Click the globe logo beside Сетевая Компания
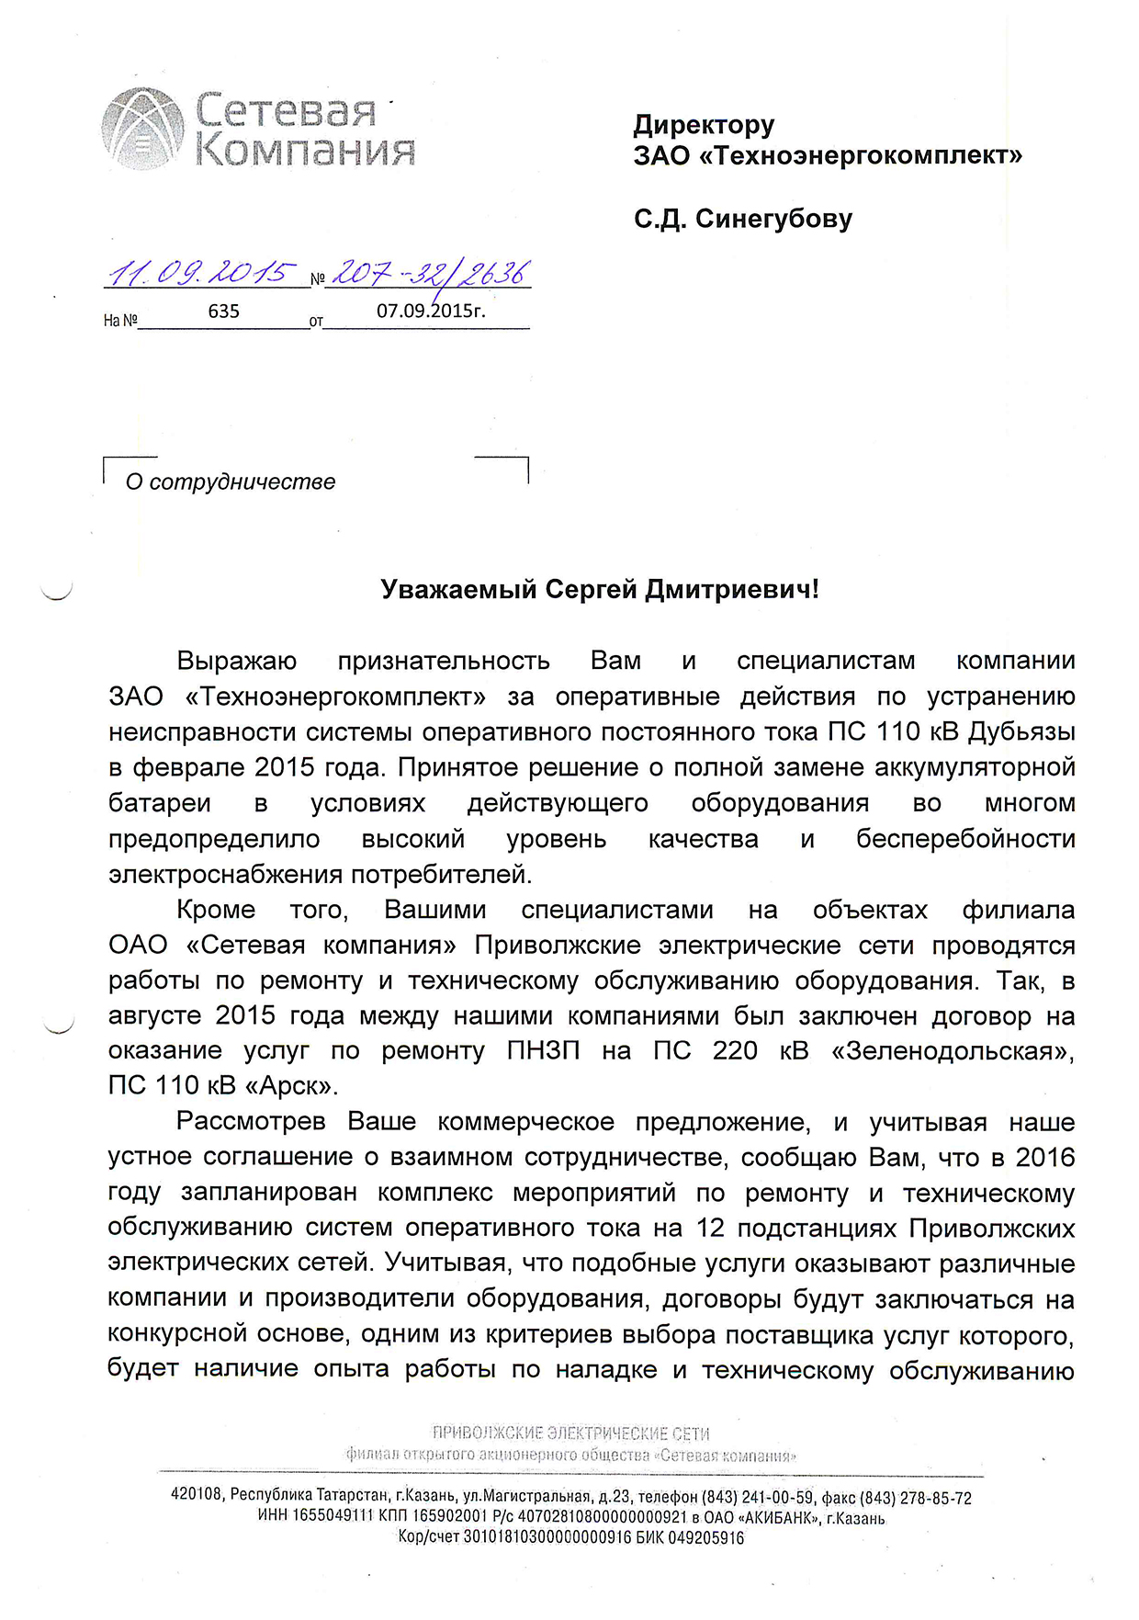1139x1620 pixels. point(140,129)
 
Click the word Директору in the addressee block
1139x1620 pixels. point(704,124)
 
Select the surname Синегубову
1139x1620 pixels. point(773,219)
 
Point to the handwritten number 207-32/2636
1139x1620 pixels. point(430,273)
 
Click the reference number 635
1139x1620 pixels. point(223,311)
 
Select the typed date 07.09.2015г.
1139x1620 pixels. point(431,311)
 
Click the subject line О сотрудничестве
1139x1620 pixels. point(231,481)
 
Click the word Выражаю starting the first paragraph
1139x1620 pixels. point(237,661)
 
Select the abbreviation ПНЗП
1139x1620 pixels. point(544,1050)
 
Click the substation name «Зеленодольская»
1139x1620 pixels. point(953,1050)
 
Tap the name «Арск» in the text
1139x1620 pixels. point(290,1086)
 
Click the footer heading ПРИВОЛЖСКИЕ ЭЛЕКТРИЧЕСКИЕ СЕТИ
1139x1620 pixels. point(570,1433)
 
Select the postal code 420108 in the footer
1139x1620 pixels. point(197,1495)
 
